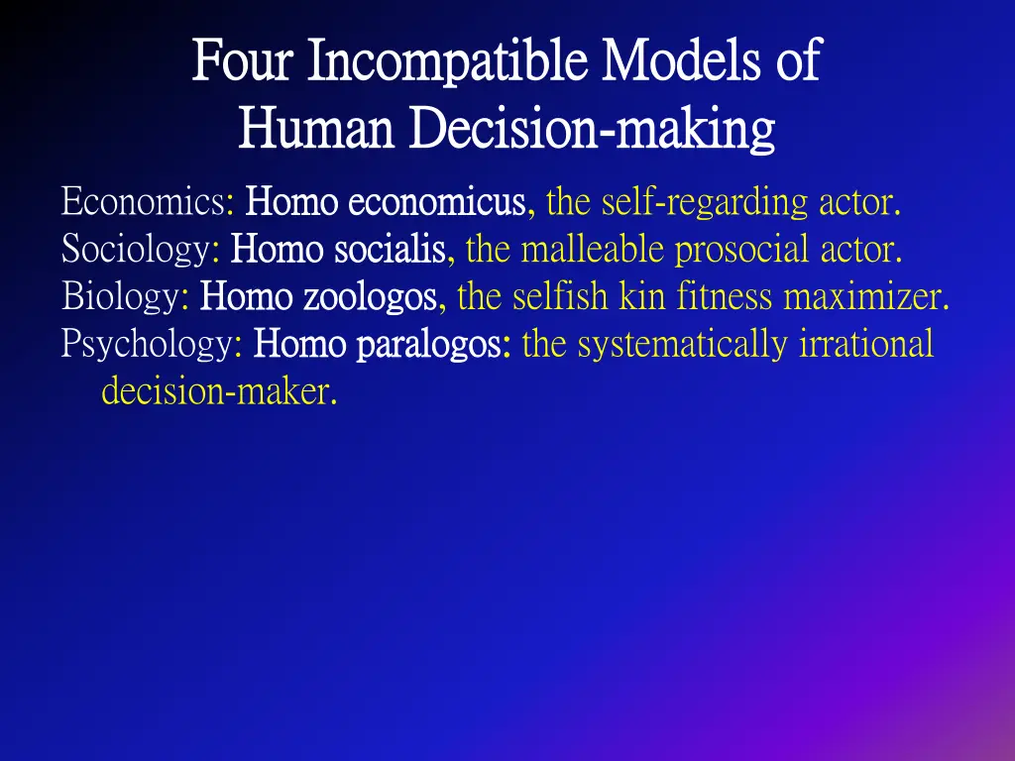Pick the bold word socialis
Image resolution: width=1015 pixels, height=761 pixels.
coord(389,249)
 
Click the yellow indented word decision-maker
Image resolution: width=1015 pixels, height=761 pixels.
coord(219,392)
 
